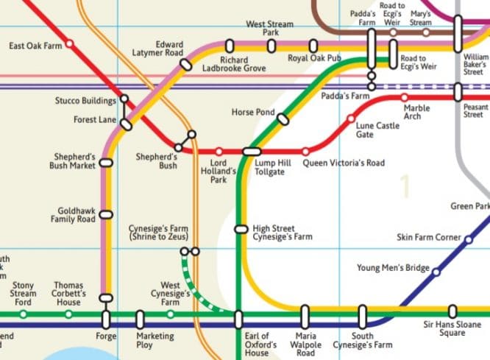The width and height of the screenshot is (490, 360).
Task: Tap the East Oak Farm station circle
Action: point(70,44)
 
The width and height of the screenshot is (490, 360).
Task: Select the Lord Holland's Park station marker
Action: point(219,151)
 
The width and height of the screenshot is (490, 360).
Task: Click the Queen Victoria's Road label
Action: point(344,163)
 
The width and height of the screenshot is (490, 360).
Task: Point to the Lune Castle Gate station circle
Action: point(350,118)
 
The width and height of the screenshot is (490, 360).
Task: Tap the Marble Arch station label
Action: point(417,113)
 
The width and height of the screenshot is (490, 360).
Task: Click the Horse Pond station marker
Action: point(283,118)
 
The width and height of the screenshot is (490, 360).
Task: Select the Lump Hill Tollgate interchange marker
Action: point(252,151)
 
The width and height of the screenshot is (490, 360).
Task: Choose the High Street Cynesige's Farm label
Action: point(282,233)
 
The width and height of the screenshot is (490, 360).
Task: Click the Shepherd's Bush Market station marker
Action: point(107,163)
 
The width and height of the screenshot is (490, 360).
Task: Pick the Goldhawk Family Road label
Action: point(73,215)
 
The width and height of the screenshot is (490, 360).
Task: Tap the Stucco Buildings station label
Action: point(85,101)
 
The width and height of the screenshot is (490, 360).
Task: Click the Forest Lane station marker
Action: point(127,124)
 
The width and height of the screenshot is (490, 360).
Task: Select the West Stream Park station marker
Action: point(271,46)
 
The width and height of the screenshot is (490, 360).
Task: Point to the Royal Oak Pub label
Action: point(313,58)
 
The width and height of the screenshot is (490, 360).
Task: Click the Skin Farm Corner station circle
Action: point(468,238)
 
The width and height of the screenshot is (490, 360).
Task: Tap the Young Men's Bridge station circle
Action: point(436,272)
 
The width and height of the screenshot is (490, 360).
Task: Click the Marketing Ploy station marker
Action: point(141,320)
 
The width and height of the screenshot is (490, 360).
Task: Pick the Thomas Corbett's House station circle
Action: point(68,314)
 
